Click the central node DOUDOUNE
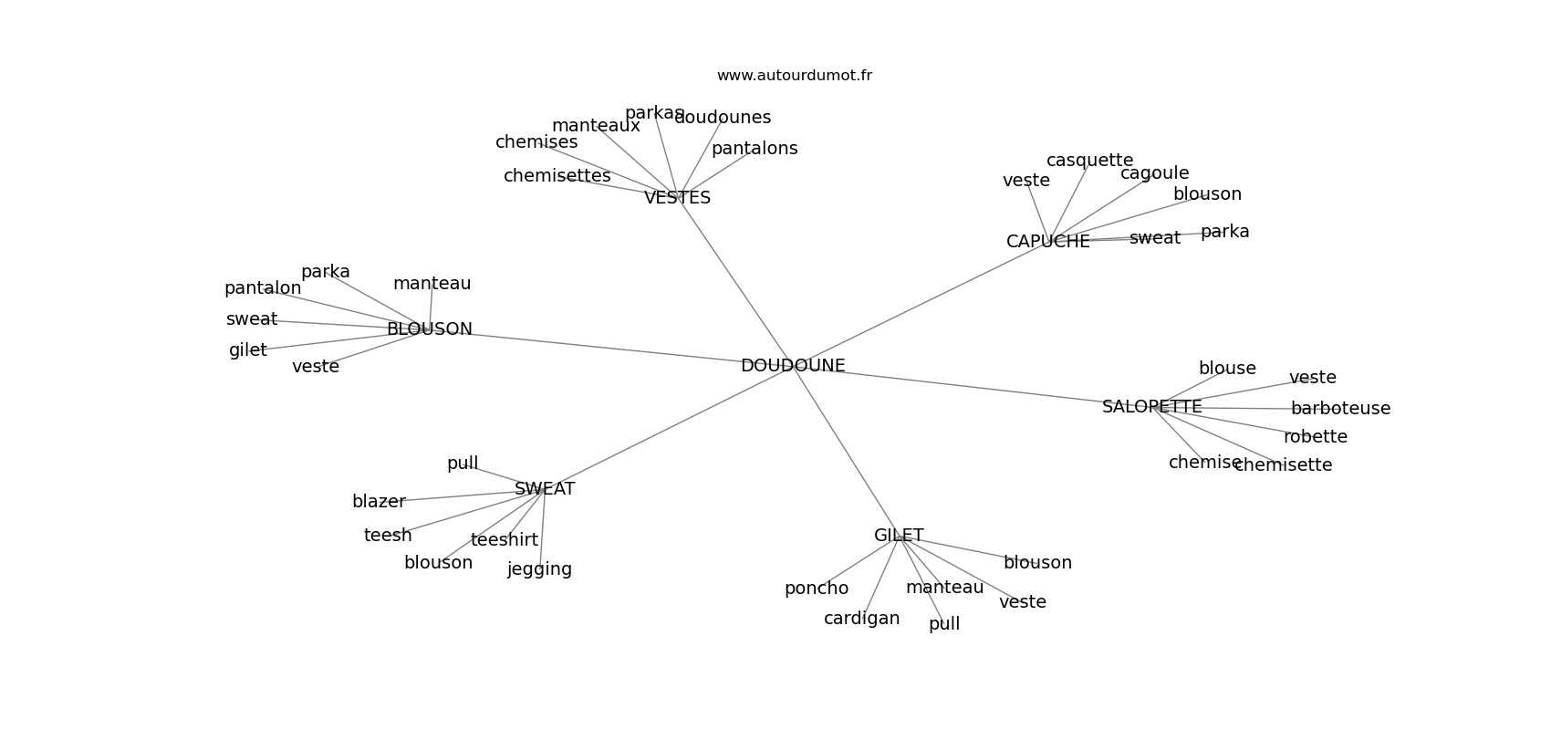pyautogui.click(x=792, y=366)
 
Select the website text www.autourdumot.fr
pyautogui.click(x=794, y=76)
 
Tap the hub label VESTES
pyautogui.click(x=677, y=198)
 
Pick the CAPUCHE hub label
pyautogui.click(x=1047, y=242)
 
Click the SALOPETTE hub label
pyautogui.click(x=1151, y=407)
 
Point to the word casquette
pyautogui.click(x=1089, y=161)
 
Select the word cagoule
pyautogui.click(x=1154, y=173)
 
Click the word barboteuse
pyautogui.click(x=1340, y=409)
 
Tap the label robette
pyautogui.click(x=1315, y=437)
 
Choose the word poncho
pyautogui.click(x=816, y=589)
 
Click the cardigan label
pyautogui.click(x=861, y=619)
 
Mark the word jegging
pyautogui.click(x=539, y=569)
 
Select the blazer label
pyautogui.click(x=379, y=502)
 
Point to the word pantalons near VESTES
pyautogui.click(x=755, y=149)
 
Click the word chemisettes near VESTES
pyautogui.click(x=557, y=176)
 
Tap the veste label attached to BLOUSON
pyautogui.click(x=316, y=367)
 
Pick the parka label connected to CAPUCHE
pyautogui.click(x=1224, y=232)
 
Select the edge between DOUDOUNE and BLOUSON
pyautogui.click(x=602, y=348)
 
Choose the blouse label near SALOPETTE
pyautogui.click(x=1227, y=369)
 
